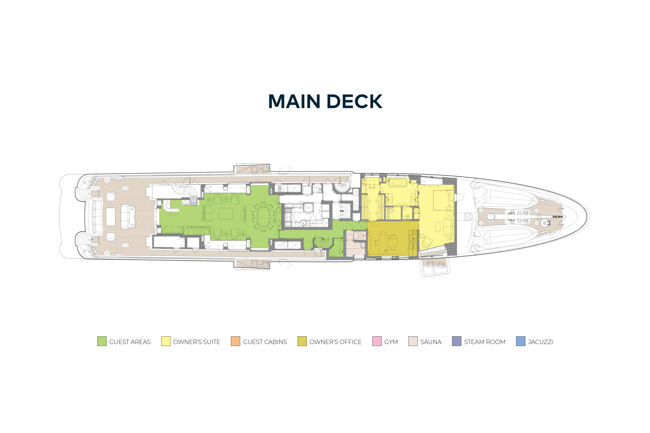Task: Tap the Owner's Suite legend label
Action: tap(197, 342)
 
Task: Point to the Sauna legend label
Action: tap(431, 342)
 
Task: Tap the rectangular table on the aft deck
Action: tap(111, 217)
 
